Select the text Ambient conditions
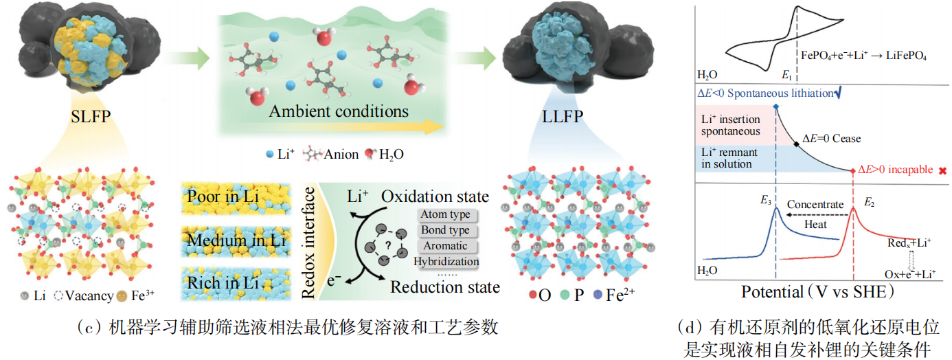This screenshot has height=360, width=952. (x=339, y=111)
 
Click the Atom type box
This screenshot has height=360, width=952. (x=447, y=215)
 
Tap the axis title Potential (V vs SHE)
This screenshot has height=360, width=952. (x=817, y=292)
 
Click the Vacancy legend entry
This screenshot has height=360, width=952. (x=82, y=296)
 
